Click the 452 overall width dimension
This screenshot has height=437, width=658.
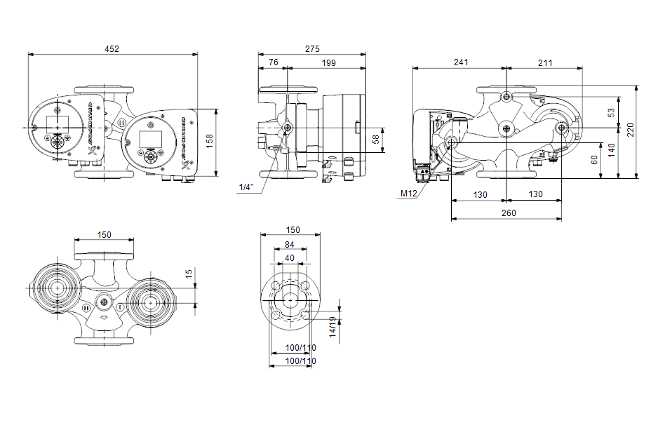112,49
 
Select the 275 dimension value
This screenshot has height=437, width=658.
312,49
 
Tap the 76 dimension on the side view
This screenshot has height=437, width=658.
273,62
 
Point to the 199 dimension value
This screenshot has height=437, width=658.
328,62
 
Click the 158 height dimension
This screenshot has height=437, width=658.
209,142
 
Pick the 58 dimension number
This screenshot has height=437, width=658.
375,139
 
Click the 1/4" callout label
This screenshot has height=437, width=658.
246,187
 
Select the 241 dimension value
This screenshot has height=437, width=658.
460,62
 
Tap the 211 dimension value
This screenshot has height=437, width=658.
545,62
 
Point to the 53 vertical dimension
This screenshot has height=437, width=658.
611,112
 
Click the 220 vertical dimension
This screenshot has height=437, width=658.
630,130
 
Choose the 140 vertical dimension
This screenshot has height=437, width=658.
611,149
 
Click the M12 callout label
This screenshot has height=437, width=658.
408,193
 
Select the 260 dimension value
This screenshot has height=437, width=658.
508,213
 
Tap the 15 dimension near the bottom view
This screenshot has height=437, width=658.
189,274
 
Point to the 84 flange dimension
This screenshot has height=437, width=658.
290,244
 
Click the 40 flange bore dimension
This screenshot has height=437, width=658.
290,257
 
